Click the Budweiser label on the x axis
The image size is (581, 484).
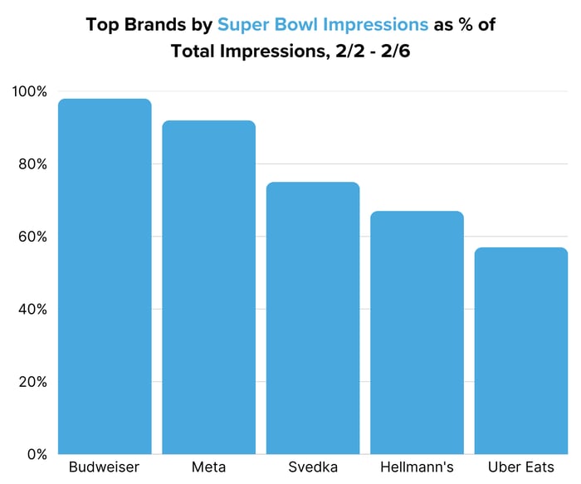click(x=105, y=468)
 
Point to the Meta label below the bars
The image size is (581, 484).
click(x=208, y=468)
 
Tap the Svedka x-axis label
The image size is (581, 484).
click(x=313, y=468)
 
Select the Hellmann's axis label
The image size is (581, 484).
click(x=417, y=468)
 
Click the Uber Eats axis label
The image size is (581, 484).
click(x=521, y=468)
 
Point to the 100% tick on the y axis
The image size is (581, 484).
click(x=29, y=91)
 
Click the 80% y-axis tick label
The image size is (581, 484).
click(x=32, y=164)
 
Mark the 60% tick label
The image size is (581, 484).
click(x=32, y=237)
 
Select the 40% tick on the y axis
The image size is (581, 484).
click(x=32, y=310)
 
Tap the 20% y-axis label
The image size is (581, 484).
click(x=32, y=382)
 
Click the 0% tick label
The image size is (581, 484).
click(x=35, y=454)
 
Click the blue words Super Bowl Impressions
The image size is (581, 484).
click(x=323, y=24)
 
